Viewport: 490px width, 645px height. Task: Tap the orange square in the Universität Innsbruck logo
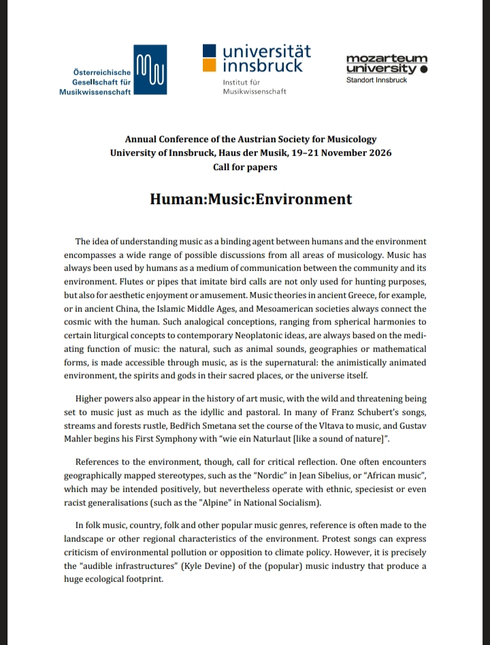pos(210,65)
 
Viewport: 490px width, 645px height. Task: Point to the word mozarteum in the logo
pos(387,59)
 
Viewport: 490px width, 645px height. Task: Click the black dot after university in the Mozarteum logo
pos(424,69)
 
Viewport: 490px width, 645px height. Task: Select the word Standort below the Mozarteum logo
pos(361,80)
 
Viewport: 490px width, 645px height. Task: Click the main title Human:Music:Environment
pos(251,199)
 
